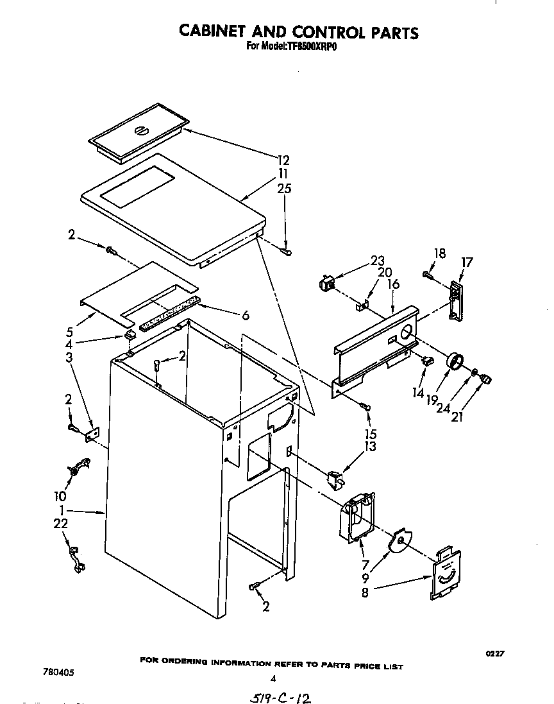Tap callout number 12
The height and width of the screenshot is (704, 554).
click(283, 160)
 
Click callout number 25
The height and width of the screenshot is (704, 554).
click(283, 189)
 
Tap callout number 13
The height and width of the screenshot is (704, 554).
click(371, 447)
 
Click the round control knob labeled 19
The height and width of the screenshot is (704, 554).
click(455, 363)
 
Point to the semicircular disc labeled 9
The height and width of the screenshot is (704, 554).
click(401, 542)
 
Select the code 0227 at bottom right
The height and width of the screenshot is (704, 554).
click(494, 653)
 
